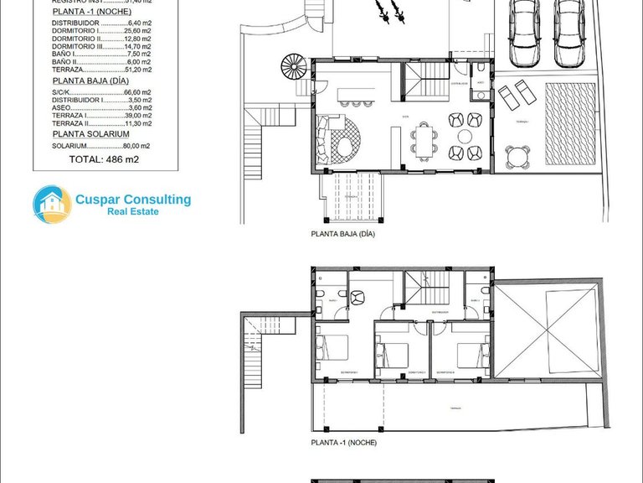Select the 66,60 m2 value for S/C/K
(x=136, y=92)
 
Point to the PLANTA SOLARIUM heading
(x=90, y=133)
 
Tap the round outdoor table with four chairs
(x=518, y=155)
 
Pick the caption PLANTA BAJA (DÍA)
(x=342, y=235)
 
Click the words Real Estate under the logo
(x=132, y=212)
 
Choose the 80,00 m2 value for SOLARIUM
(x=136, y=145)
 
